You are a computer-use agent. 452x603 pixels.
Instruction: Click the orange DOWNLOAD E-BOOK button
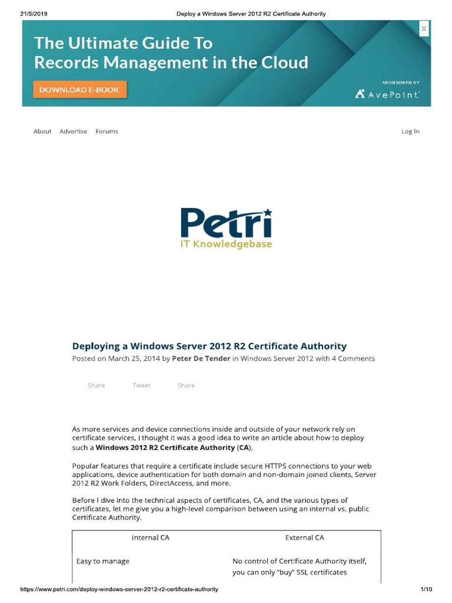click(79, 90)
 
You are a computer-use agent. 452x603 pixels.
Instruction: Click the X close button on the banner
click(424, 29)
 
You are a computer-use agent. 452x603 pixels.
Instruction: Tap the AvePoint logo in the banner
click(387, 94)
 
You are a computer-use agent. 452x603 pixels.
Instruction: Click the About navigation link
click(42, 131)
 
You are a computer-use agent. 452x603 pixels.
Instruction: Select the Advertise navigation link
click(74, 131)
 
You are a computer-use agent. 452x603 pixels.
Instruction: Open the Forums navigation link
click(107, 131)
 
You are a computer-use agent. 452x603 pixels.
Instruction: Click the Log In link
click(410, 131)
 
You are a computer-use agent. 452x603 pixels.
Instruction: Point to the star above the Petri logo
click(267, 211)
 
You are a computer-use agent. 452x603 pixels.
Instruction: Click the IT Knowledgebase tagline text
click(226, 244)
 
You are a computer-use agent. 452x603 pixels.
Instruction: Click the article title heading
click(209, 346)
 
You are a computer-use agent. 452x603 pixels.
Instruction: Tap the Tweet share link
click(141, 385)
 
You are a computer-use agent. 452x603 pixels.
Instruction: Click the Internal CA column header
click(150, 538)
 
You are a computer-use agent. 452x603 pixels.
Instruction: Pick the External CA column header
click(304, 538)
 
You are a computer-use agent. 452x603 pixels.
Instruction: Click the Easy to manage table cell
click(103, 561)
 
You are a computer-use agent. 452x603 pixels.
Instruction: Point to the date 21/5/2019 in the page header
click(34, 14)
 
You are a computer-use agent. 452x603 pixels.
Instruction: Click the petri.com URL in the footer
click(119, 589)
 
